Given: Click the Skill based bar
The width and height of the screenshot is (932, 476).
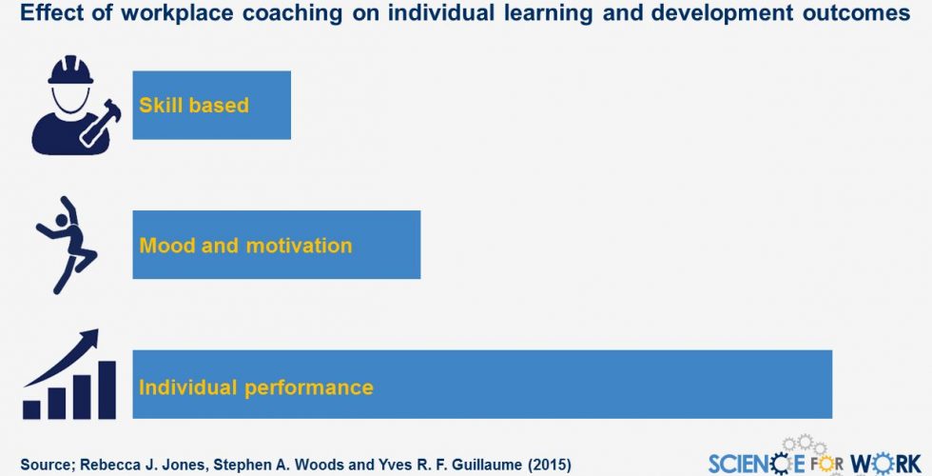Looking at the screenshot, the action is tap(211, 106).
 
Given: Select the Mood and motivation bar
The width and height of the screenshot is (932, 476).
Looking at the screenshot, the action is tap(277, 245).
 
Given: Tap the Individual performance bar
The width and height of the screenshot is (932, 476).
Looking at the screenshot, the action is tap(482, 385).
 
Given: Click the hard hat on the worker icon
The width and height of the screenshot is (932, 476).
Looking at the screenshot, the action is tap(70, 70).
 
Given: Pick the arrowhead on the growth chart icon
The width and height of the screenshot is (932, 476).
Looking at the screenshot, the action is tap(88, 337).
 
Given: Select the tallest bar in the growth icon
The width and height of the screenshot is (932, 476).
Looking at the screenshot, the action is tap(107, 389).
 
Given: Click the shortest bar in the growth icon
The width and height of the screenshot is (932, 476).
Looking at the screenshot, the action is tap(31, 409).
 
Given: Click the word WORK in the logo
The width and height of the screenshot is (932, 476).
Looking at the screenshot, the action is tap(885, 464).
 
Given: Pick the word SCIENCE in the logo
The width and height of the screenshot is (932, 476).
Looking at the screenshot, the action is tap(757, 464).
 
